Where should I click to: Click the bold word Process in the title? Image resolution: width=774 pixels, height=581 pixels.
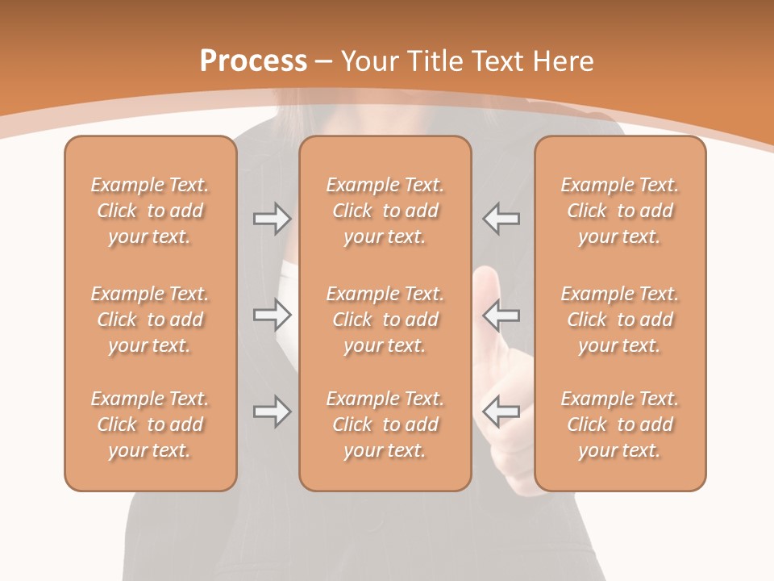pos(253,61)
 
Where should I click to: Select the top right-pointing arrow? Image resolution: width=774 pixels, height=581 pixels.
pos(272,219)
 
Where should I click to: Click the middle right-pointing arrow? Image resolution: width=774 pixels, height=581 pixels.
pos(272,315)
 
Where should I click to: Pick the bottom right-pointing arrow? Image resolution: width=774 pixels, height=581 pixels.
pos(272,412)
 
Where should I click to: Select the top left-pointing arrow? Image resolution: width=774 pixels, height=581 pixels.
pos(501,219)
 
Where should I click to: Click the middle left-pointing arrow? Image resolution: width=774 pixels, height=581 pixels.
pos(501,315)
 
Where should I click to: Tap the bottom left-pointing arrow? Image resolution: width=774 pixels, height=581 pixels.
pos(501,412)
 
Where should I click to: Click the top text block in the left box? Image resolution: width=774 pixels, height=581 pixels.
pos(150,211)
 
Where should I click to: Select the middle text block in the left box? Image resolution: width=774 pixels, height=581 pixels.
pos(150,320)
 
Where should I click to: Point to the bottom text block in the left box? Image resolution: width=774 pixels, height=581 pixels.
pos(150,424)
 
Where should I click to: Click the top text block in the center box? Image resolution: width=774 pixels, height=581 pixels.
pos(385,211)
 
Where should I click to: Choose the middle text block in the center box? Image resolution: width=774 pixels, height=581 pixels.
pos(385,320)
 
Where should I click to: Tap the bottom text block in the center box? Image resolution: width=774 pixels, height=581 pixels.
pos(385,424)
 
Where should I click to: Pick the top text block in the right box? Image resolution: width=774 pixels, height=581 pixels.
pos(619,211)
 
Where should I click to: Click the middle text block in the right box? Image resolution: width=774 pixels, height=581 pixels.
pos(619,320)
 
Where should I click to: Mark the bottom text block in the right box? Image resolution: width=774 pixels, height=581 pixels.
pos(619,424)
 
